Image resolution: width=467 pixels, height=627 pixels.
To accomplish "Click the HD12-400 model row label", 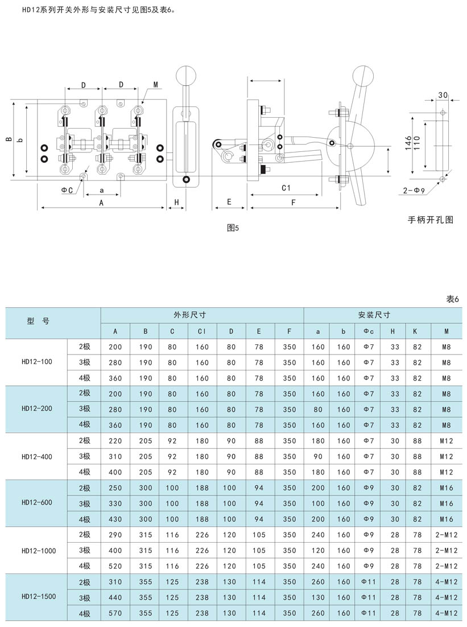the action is click(x=37, y=457).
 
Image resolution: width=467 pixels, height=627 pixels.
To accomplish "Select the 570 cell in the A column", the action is click(x=115, y=613).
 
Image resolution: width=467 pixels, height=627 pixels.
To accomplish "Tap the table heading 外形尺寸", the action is click(x=189, y=315).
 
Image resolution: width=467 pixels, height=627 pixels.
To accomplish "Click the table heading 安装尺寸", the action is click(x=374, y=315).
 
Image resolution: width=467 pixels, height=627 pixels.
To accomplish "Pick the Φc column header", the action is click(x=369, y=331).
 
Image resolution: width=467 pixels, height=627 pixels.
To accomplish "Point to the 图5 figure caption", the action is click(x=233, y=228).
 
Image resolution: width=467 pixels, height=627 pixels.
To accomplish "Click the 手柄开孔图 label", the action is click(x=430, y=220).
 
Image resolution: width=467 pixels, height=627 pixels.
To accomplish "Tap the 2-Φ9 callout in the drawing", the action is click(x=414, y=191).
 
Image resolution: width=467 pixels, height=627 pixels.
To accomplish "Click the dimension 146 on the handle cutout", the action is click(x=408, y=143).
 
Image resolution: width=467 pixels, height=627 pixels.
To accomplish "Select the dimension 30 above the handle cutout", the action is click(x=443, y=95).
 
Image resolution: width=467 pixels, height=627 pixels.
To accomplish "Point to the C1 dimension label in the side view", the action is click(x=286, y=188).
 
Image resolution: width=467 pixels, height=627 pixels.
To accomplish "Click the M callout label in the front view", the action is click(x=155, y=84).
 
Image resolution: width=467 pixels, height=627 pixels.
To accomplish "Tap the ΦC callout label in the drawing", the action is click(x=67, y=191).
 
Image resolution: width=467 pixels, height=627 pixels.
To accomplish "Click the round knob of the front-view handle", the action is click(x=187, y=75).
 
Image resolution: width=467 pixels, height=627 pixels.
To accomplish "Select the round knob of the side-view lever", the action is click(x=363, y=75).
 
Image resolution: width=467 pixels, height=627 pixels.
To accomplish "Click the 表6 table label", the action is click(x=453, y=299).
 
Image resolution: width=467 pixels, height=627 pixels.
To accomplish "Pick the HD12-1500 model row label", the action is click(x=39, y=596).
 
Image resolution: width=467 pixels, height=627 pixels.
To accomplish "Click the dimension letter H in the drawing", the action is click(x=176, y=203).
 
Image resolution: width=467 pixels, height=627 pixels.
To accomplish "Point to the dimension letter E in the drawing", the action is click(x=229, y=202).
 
